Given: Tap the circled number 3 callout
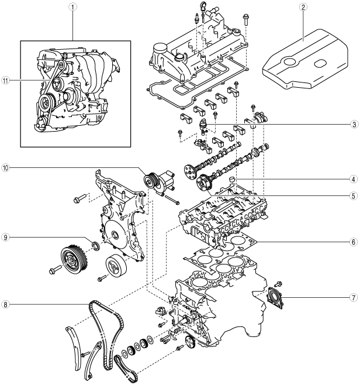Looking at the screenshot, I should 354,125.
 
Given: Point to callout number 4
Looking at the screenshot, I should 354,179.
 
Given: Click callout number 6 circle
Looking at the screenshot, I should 354,241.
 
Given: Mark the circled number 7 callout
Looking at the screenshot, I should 354,298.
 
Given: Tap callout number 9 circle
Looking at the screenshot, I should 6,237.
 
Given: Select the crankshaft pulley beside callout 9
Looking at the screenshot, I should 72,259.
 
